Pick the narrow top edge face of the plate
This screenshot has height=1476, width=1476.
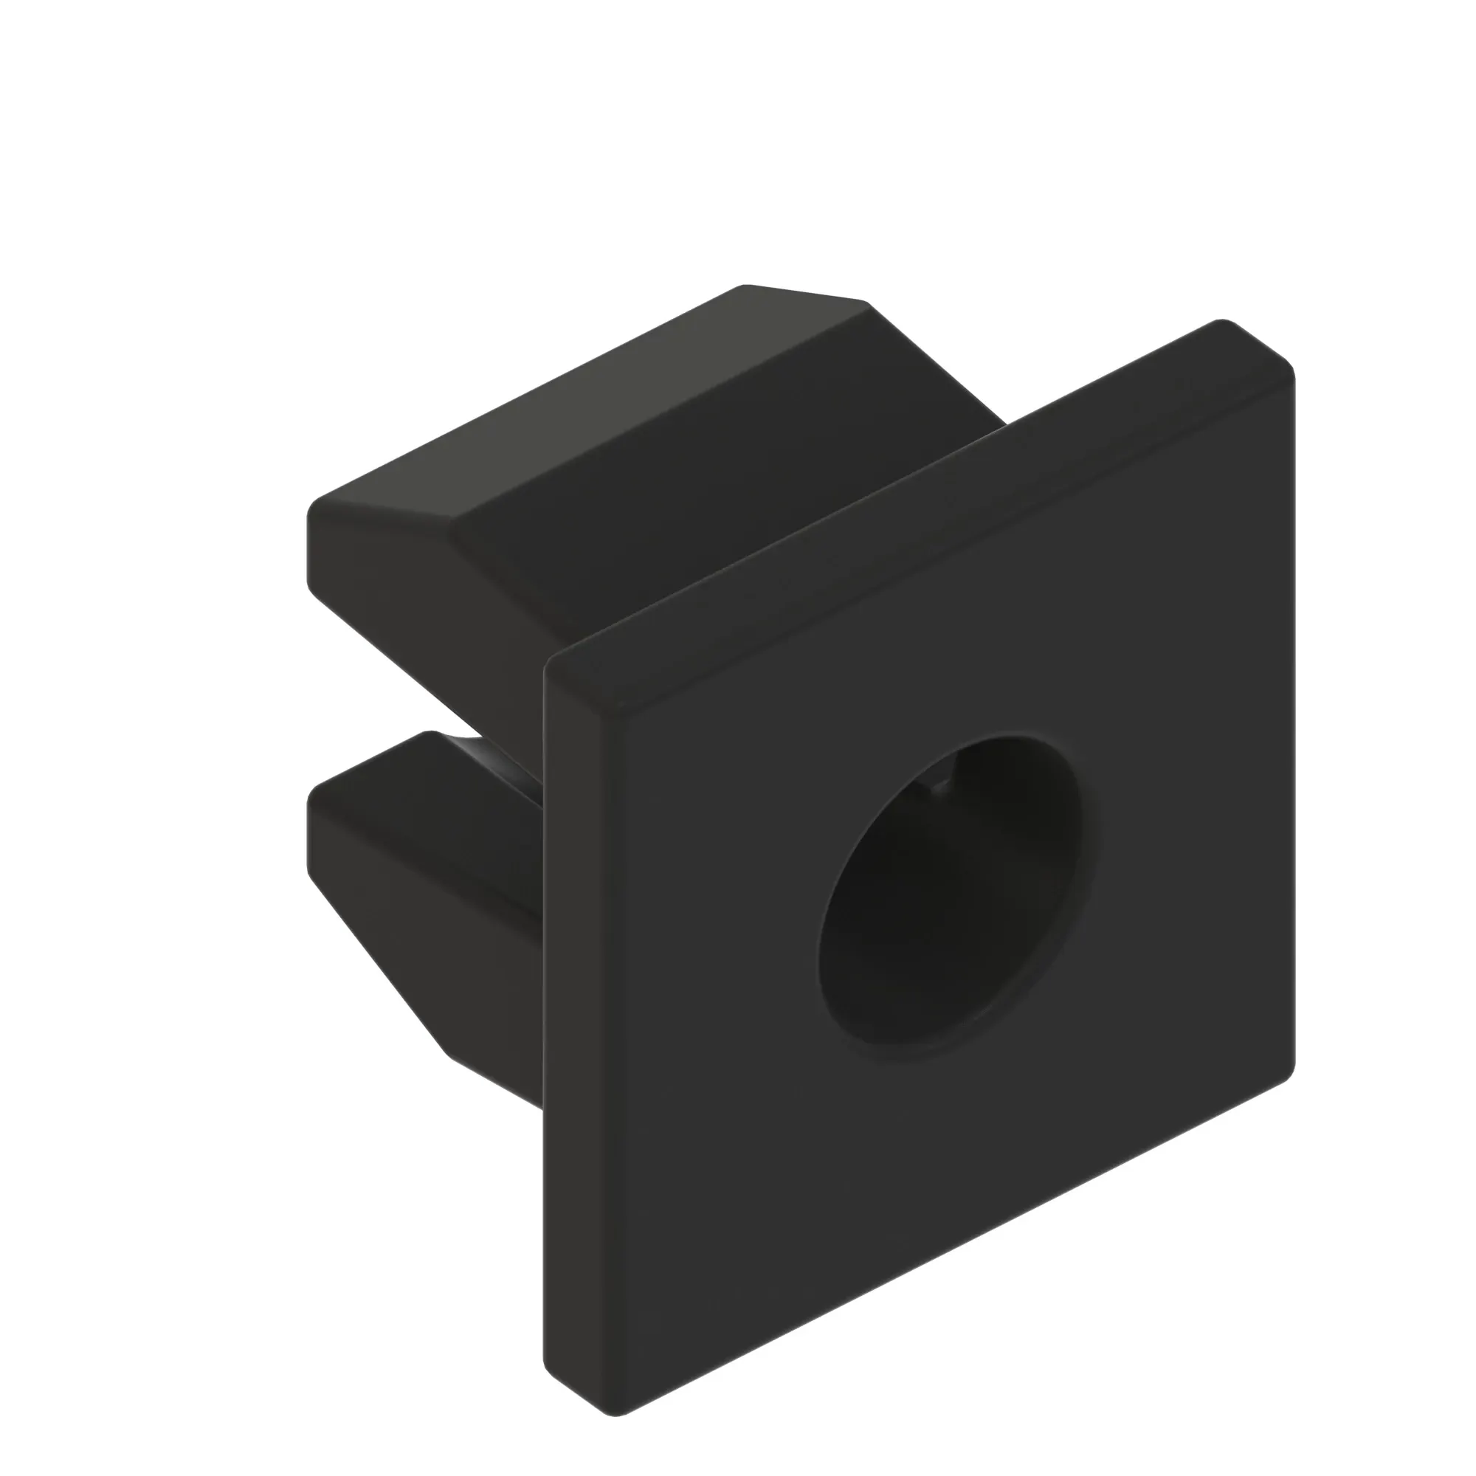[917, 497]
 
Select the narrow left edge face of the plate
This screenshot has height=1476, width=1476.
[581, 993]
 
